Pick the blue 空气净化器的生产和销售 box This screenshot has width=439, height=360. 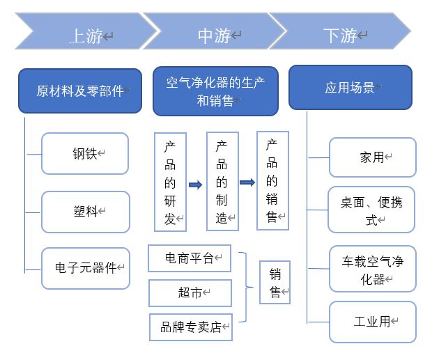tap(215, 91)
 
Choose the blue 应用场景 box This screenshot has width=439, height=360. tap(350, 88)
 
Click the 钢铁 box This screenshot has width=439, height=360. tap(85, 154)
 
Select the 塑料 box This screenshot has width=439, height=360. tap(85, 212)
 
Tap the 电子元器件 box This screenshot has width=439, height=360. tap(86, 268)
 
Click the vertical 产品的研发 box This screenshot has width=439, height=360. tap(171, 182)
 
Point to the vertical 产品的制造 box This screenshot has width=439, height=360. tap(222, 182)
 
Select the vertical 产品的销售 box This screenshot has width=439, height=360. tap(272, 180)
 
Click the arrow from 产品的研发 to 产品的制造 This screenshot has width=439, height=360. tap(196, 185)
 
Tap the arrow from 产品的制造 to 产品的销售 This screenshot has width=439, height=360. tap(247, 182)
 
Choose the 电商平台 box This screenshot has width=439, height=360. tap(190, 258)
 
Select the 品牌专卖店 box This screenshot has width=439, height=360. tap(191, 327)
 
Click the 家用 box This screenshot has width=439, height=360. tap(372, 157)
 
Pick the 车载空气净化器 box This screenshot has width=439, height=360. tap(372, 269)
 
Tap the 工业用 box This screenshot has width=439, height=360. tap(372, 322)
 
